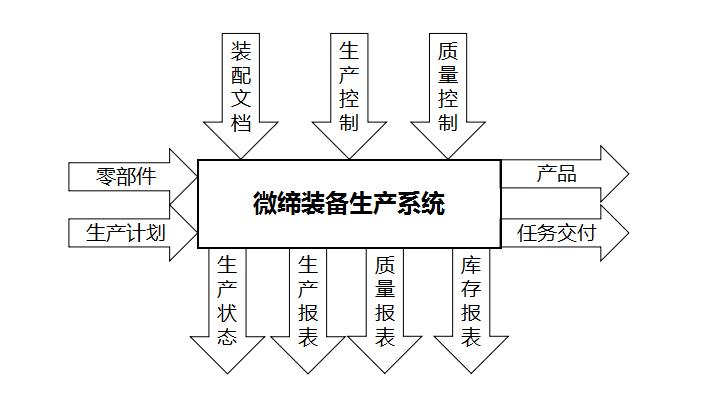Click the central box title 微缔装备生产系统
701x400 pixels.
(x=349, y=204)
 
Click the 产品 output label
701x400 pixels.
(x=556, y=173)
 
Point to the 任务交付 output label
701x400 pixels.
(x=557, y=233)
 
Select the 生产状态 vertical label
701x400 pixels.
(x=228, y=300)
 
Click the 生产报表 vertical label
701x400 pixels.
(x=308, y=300)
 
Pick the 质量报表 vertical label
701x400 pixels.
(x=385, y=300)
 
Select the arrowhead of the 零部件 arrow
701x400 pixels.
(x=185, y=177)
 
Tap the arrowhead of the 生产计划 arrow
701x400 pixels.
(x=185, y=233)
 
